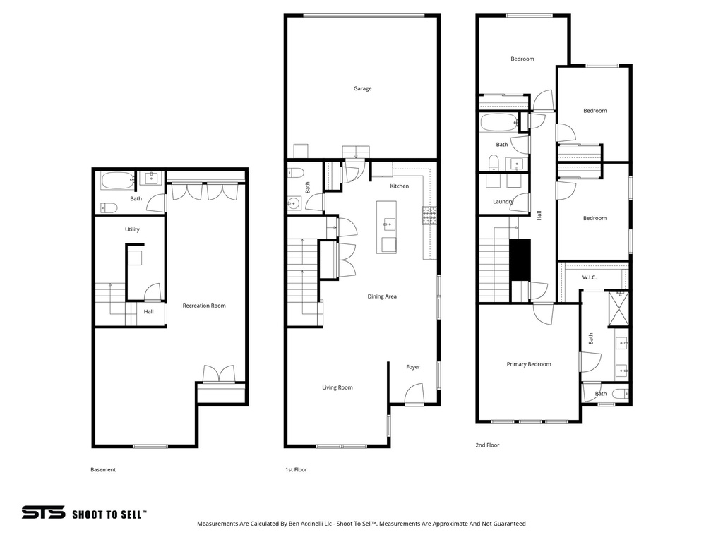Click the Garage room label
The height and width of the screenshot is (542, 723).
coord(362,89)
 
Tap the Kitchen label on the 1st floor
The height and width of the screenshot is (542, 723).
coord(400,186)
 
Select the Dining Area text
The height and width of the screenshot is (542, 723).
coord(382,296)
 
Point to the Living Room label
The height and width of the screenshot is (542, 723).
coord(337,387)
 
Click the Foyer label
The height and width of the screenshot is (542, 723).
coord(413,367)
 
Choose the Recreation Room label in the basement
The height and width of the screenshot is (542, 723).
coord(204,306)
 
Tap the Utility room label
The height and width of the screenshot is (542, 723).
coord(132,229)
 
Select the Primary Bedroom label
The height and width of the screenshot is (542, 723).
coord(529,364)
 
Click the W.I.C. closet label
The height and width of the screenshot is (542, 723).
coord(590,277)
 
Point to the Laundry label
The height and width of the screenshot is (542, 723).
coord(503,202)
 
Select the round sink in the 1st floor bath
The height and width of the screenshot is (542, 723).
coord(294,204)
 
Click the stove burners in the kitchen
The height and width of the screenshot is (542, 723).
coord(429,215)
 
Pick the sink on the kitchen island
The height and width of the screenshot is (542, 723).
coord(388,225)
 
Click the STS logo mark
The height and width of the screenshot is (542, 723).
coord(43,513)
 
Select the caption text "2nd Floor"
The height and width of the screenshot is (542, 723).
coord(487,445)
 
